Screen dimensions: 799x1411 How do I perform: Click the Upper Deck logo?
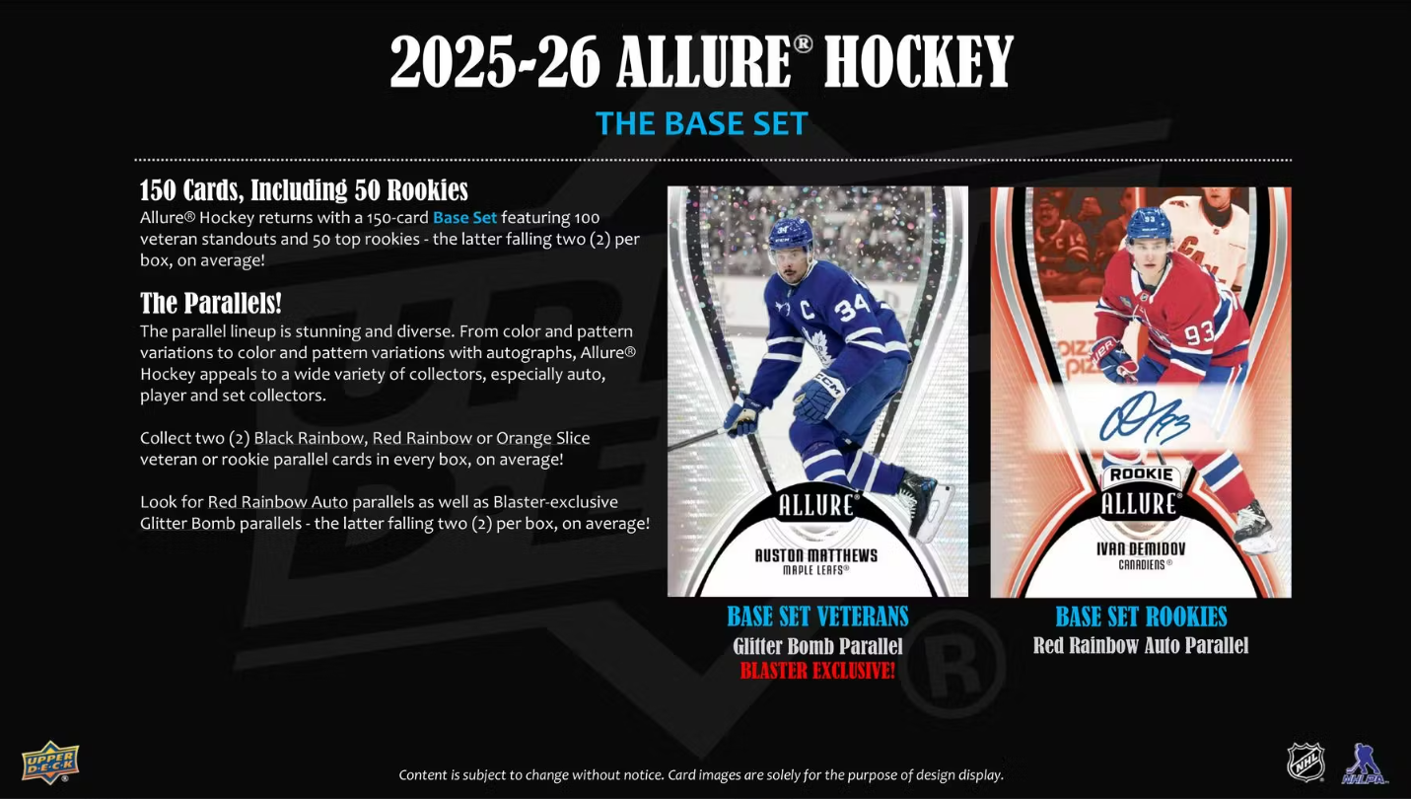pos(50,762)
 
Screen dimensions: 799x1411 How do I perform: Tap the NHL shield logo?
pos(1305,762)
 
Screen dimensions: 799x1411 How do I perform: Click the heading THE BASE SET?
pos(702,123)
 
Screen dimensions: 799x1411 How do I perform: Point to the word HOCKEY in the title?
pos(918,63)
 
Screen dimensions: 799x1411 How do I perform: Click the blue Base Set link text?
pos(464,217)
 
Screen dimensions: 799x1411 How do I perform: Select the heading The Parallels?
pos(211,303)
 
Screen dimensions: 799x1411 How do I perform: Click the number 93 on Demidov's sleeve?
pos(1198,334)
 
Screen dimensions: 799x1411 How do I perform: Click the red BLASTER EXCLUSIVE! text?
pos(817,672)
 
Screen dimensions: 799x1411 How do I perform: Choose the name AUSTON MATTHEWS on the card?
pos(815,555)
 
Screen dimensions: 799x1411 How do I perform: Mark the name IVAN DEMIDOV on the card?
pos(1141,549)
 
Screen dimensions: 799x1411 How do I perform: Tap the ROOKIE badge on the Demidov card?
pos(1141,474)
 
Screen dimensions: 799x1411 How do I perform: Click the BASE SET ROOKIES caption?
pos(1141,617)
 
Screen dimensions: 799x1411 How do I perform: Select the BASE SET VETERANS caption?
pos(817,617)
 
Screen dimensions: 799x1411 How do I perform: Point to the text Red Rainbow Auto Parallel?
pos(1141,646)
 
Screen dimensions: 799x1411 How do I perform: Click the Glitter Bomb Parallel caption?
pos(817,647)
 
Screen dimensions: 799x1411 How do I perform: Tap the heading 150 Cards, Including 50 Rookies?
pos(304,189)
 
